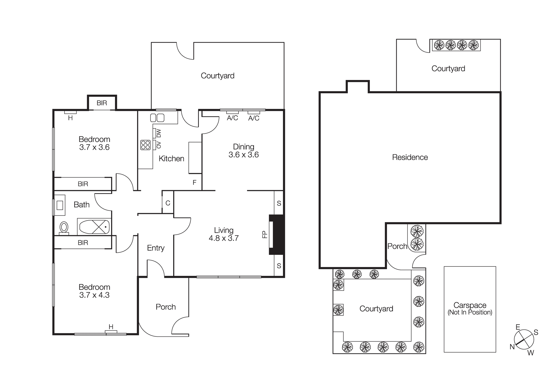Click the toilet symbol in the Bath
point(64,227)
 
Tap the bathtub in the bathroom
point(94,227)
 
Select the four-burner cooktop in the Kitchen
point(145,145)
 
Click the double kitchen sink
point(157,118)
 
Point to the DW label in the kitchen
point(159,133)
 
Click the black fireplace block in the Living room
point(277,234)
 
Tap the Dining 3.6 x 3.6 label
point(243,151)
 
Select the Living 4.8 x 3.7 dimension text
point(224,234)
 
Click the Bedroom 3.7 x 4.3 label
point(94,291)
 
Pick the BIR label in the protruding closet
point(102,103)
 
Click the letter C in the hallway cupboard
point(168,203)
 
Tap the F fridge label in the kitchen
point(194,182)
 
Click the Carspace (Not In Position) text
point(470,309)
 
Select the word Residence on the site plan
point(410,157)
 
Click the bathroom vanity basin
point(60,205)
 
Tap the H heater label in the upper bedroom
point(70,118)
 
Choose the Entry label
point(156,248)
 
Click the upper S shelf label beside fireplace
point(279,203)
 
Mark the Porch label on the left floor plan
point(166,307)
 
